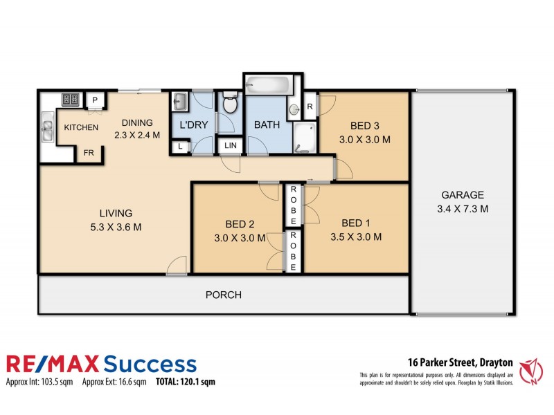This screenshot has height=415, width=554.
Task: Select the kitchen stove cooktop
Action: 71,100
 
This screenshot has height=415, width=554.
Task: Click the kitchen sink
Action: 48,129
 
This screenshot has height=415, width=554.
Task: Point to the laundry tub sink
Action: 179,103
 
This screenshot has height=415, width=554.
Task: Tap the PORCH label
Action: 224,295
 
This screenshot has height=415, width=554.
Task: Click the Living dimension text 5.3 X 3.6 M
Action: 115,227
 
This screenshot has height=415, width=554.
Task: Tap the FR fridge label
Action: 89,154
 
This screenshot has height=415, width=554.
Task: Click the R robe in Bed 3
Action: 310,107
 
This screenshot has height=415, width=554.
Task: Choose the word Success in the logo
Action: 149,365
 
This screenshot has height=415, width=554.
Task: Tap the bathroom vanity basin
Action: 294,109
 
